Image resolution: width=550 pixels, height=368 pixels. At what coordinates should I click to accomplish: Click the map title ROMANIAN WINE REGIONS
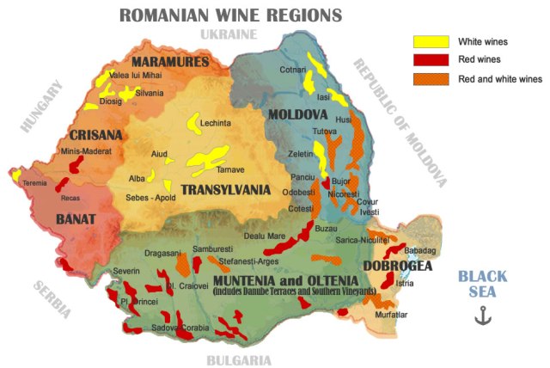(x=230, y=15)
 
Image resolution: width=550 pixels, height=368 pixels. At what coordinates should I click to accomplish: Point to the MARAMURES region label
(x=170, y=63)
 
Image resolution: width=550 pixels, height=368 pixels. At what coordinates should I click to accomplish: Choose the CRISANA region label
(x=96, y=135)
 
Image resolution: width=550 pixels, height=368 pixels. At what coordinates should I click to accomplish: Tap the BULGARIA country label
(x=239, y=360)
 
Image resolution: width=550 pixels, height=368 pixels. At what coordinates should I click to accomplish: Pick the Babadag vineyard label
(x=421, y=250)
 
